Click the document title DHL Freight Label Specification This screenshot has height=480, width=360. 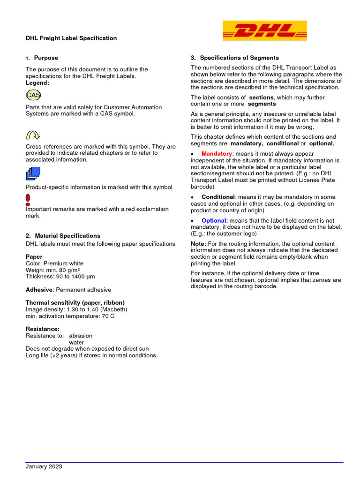(x=71, y=38)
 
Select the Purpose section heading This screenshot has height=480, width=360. (x=46, y=58)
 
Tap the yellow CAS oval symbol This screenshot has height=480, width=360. (x=33, y=95)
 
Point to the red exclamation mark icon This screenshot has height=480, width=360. (x=28, y=200)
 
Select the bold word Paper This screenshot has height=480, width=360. (x=34, y=257)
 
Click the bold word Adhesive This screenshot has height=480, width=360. (x=39, y=290)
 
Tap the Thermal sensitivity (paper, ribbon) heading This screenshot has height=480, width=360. (x=75, y=303)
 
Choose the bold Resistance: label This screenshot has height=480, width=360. (x=43, y=329)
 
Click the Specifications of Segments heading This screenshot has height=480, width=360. (x=239, y=58)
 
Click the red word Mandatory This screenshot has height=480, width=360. (x=217, y=154)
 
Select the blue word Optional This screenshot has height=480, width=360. (x=214, y=220)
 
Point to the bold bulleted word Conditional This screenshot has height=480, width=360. (x=218, y=197)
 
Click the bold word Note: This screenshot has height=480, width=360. (x=199, y=244)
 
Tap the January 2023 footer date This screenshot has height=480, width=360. (x=44, y=466)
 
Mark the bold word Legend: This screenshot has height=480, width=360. (x=37, y=82)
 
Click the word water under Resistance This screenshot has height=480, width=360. (x=77, y=342)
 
